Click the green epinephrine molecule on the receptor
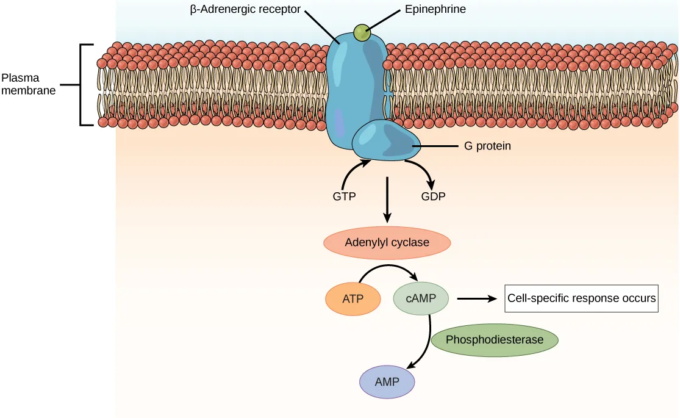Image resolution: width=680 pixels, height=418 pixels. (362, 33)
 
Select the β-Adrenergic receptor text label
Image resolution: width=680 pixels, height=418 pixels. (245, 10)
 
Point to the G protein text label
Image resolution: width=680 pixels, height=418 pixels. (484, 146)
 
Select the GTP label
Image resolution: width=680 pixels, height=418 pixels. (344, 197)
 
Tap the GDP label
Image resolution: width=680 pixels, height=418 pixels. (433, 197)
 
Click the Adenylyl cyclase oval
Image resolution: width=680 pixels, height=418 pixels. (387, 243)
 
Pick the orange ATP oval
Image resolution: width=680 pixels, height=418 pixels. (353, 299)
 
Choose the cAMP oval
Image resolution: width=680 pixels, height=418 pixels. (421, 298)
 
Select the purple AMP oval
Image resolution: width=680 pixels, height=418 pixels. (387, 383)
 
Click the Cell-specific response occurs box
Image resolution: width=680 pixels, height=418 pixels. (581, 298)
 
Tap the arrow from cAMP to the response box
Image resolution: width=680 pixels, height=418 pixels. (476, 298)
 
